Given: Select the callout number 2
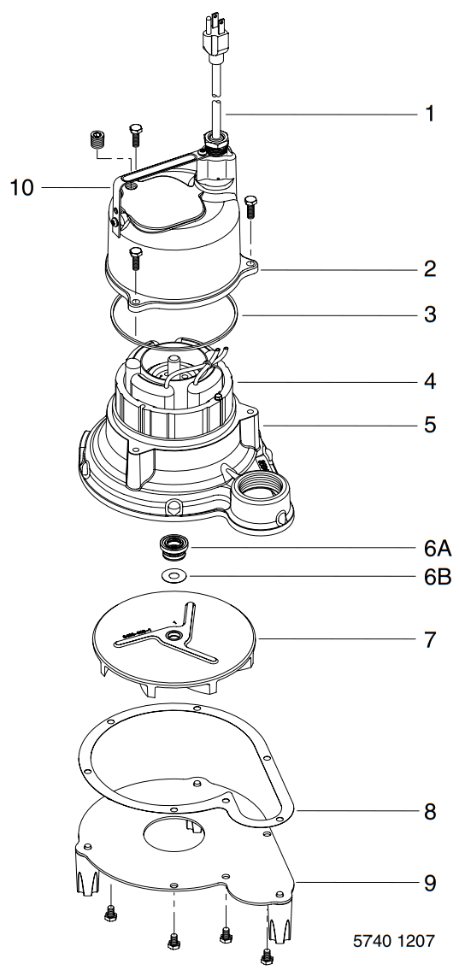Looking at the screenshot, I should [430, 269].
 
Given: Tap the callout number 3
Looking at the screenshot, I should [430, 315].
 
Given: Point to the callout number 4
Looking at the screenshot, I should [430, 380].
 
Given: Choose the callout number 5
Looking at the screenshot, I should [430, 425].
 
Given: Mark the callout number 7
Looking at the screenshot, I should [430, 638].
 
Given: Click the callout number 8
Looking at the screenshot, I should [430, 812].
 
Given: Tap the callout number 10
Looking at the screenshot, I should [22, 187].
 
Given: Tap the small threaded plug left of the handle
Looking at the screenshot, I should [97, 140].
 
